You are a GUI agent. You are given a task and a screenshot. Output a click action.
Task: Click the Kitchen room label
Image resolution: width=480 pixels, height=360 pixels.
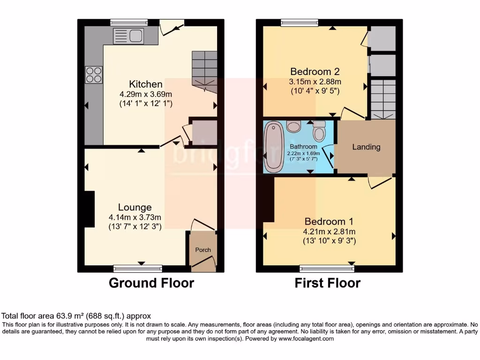pyautogui.click(x=146, y=84)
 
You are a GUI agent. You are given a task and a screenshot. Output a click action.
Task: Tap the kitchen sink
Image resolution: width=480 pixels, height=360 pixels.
pyautogui.click(x=128, y=36)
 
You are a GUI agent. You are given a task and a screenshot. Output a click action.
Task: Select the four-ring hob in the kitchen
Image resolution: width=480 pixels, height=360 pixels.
pyautogui.click(x=93, y=75)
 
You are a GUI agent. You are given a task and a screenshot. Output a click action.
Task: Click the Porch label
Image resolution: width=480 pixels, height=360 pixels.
pyautogui.click(x=203, y=250)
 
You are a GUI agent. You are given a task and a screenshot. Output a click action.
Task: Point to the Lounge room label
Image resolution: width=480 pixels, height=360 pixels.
pyautogui.click(x=135, y=207)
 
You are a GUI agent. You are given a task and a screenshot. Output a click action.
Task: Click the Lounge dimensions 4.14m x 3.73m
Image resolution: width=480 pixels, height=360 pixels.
pyautogui.click(x=135, y=217)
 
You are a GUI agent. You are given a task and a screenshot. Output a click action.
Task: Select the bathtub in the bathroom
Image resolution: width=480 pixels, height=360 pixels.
pyautogui.click(x=273, y=147)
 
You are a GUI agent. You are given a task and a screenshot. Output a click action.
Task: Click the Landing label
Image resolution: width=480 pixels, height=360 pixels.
pyautogui.click(x=366, y=147)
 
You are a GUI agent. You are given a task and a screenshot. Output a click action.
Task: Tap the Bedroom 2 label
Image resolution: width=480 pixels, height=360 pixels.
pyautogui.click(x=315, y=72)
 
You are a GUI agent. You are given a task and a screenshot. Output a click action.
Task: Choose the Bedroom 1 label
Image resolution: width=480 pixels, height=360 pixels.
pyautogui.click(x=329, y=222)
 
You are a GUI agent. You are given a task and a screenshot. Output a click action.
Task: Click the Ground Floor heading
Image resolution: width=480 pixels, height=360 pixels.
pyautogui.click(x=151, y=283)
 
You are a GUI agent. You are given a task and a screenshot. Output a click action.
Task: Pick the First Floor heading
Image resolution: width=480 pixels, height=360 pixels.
pyautogui.click(x=328, y=283)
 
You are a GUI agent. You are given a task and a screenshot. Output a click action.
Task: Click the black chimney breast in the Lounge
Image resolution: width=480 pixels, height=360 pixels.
pyautogui.click(x=89, y=209)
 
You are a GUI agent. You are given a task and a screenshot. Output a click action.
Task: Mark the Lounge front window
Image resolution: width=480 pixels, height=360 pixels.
pyautogui.click(x=138, y=269)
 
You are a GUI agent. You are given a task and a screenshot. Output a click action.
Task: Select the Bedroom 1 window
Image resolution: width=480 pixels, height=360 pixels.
pyautogui.click(x=327, y=269)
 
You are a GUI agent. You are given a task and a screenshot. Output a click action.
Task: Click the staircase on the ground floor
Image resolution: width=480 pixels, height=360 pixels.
pyautogui.click(x=204, y=68)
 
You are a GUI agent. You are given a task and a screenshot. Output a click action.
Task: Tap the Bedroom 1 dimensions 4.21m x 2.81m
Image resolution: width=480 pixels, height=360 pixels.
pyautogui.click(x=329, y=232)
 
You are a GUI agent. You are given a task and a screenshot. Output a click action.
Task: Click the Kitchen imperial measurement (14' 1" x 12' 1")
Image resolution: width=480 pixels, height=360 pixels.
pyautogui.click(x=146, y=103)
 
